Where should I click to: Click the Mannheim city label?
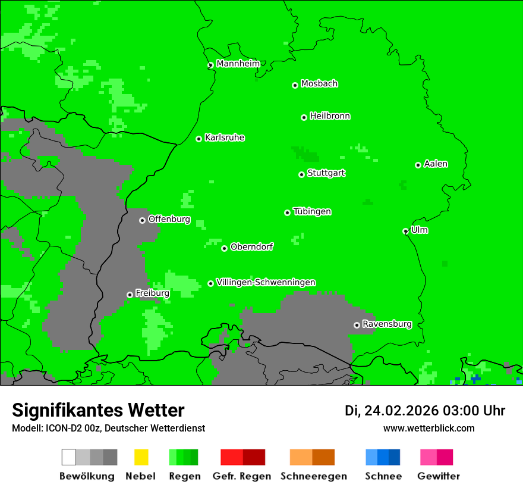pyautogui.click(x=238, y=64)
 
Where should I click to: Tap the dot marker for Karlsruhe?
pyautogui.click(x=199, y=139)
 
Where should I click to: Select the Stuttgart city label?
pyautogui.click(x=326, y=173)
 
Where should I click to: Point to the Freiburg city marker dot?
pyautogui.click(x=130, y=295)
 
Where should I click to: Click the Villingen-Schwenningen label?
pyautogui.click(x=266, y=283)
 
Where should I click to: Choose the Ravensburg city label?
pyautogui.click(x=387, y=324)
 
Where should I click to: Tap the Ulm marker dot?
pyautogui.click(x=405, y=231)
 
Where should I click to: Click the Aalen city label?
pyautogui.click(x=436, y=164)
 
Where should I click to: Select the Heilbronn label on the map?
pyautogui.click(x=330, y=116)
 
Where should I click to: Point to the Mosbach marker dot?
pyautogui.click(x=295, y=85)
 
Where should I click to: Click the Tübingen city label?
pyautogui.click(x=312, y=212)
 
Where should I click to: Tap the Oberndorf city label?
pyautogui.click(x=251, y=247)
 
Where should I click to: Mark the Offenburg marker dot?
pyautogui.click(x=142, y=220)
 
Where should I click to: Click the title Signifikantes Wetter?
pyautogui.click(x=98, y=410)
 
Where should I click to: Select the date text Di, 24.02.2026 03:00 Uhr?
pyautogui.click(x=424, y=411)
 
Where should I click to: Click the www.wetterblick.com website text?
pyautogui.click(x=429, y=428)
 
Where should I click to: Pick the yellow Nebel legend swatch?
pyautogui.click(x=141, y=457)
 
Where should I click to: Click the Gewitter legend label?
pyautogui.click(x=438, y=476)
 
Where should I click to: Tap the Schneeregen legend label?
pyautogui.click(x=313, y=476)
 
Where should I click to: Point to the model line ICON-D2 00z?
pyautogui.click(x=108, y=428)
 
